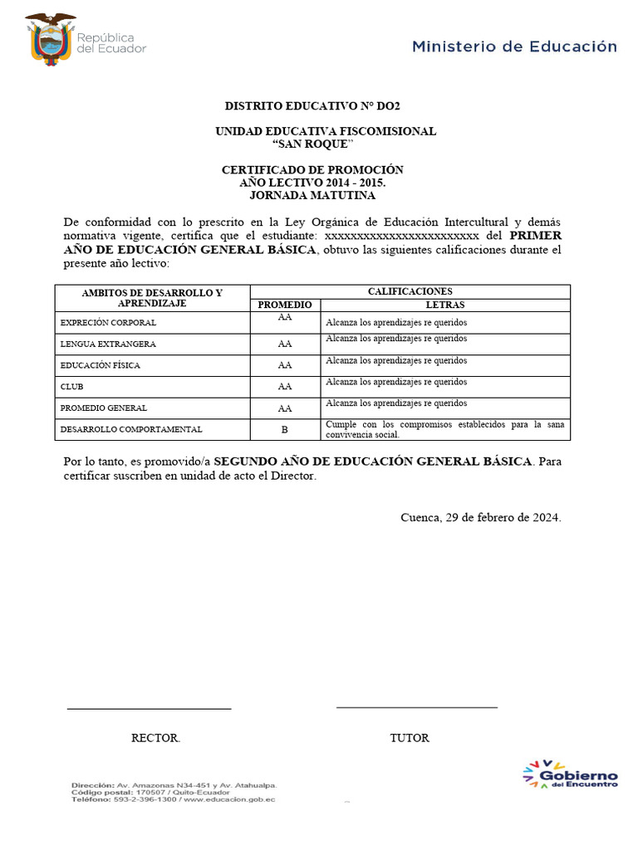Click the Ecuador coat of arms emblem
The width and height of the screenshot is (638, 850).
[x=49, y=37]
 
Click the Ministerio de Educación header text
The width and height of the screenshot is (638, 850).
[x=514, y=46]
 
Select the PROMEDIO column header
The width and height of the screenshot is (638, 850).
[x=285, y=305]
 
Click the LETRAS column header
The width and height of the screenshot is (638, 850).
[x=445, y=305]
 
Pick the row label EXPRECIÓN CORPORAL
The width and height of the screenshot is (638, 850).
[x=108, y=322]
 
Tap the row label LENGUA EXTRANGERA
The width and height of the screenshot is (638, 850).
[x=108, y=344]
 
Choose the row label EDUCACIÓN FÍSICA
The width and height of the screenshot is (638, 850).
[x=101, y=365]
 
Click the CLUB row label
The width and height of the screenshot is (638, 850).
[x=72, y=387]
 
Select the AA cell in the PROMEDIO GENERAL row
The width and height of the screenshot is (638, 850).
[x=285, y=408]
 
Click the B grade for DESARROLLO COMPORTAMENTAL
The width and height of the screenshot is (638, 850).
[x=285, y=430]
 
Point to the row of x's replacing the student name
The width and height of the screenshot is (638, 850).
[x=401, y=236]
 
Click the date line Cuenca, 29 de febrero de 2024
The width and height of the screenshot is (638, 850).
[x=481, y=517]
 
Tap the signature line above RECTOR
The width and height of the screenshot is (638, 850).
[x=149, y=709]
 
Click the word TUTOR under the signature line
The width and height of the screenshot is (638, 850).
[x=410, y=738]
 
